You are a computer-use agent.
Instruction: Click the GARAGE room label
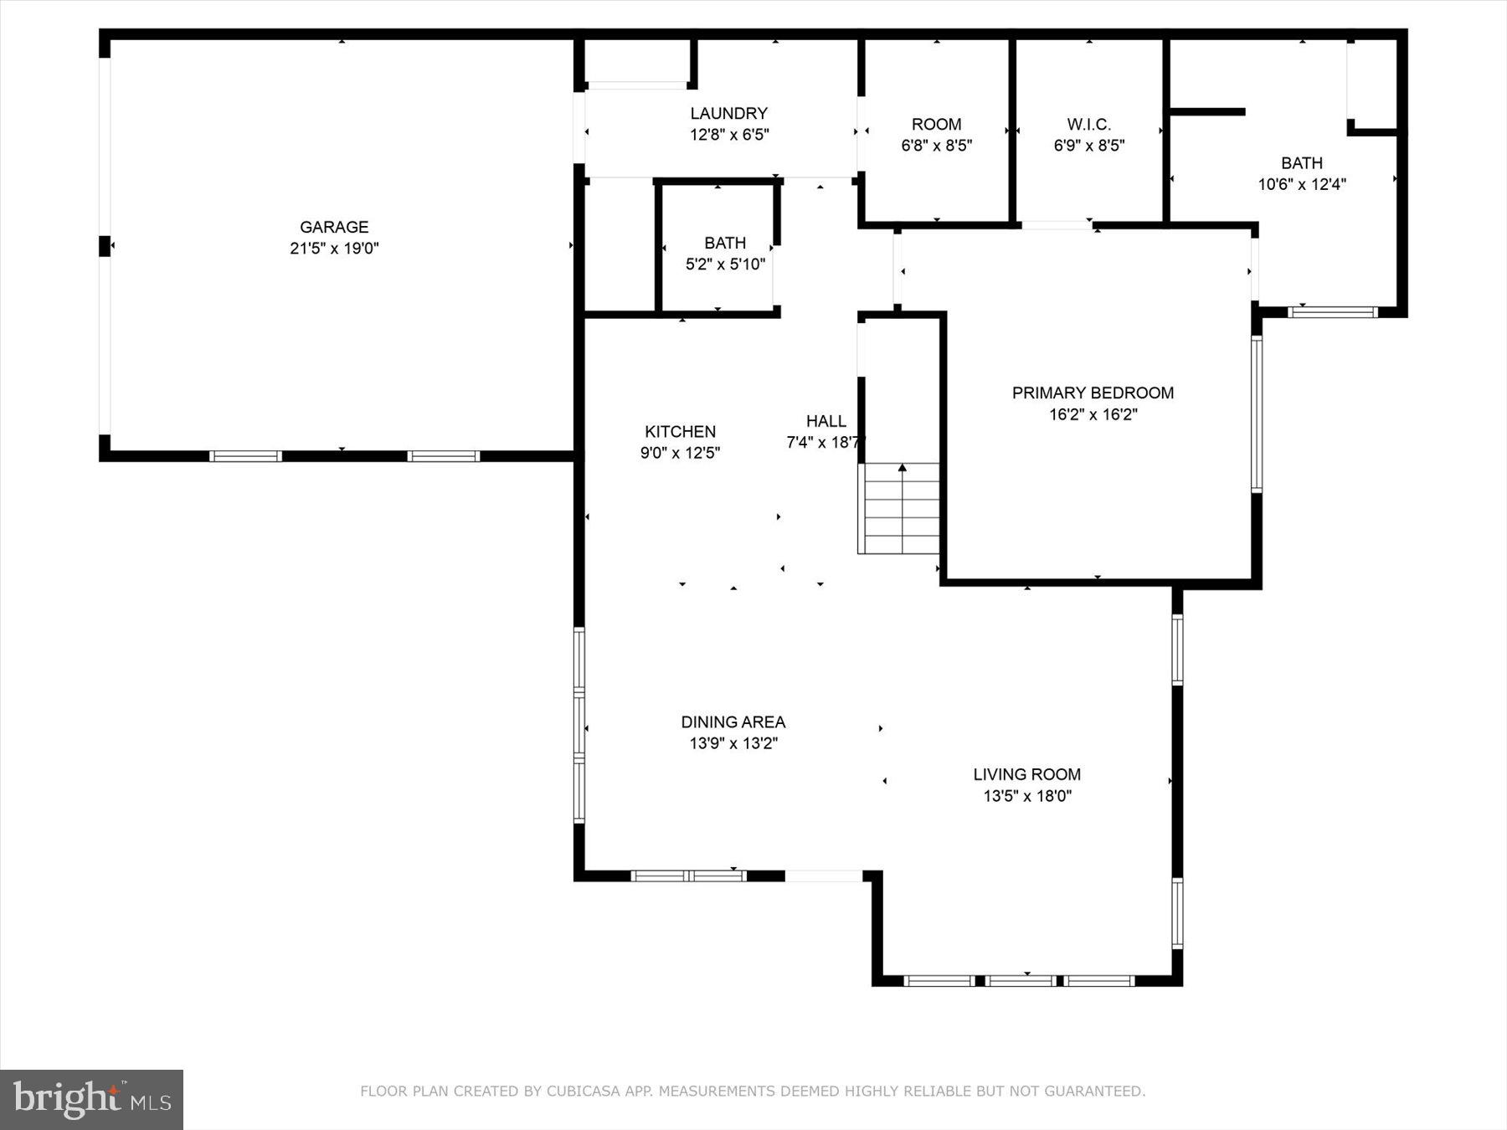[x=334, y=227]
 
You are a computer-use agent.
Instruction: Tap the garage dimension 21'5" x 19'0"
[x=334, y=249]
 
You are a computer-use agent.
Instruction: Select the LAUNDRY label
[x=728, y=113]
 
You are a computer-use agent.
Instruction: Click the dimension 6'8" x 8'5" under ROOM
[x=936, y=146]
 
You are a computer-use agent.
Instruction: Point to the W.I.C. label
[x=1088, y=125]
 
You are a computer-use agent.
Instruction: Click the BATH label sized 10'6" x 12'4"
[x=1301, y=163]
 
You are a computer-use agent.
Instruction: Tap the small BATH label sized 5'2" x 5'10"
[x=724, y=243]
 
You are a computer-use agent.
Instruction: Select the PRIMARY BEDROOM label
[x=1093, y=393]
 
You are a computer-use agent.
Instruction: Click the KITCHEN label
[x=680, y=432]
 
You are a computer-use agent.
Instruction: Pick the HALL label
[x=826, y=421]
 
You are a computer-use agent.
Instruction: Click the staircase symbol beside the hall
[x=901, y=508]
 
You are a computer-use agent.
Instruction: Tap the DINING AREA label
[x=733, y=722]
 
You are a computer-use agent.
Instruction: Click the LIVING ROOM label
[x=1026, y=774]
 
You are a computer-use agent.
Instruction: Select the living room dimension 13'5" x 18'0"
[x=1026, y=796]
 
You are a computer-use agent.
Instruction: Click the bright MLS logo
[x=91, y=1098]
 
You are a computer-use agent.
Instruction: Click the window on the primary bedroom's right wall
[x=1256, y=413]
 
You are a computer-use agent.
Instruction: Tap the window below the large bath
[x=1332, y=312]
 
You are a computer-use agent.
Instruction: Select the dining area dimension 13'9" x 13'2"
[x=733, y=743]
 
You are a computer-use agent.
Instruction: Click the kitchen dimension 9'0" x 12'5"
[x=680, y=454]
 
